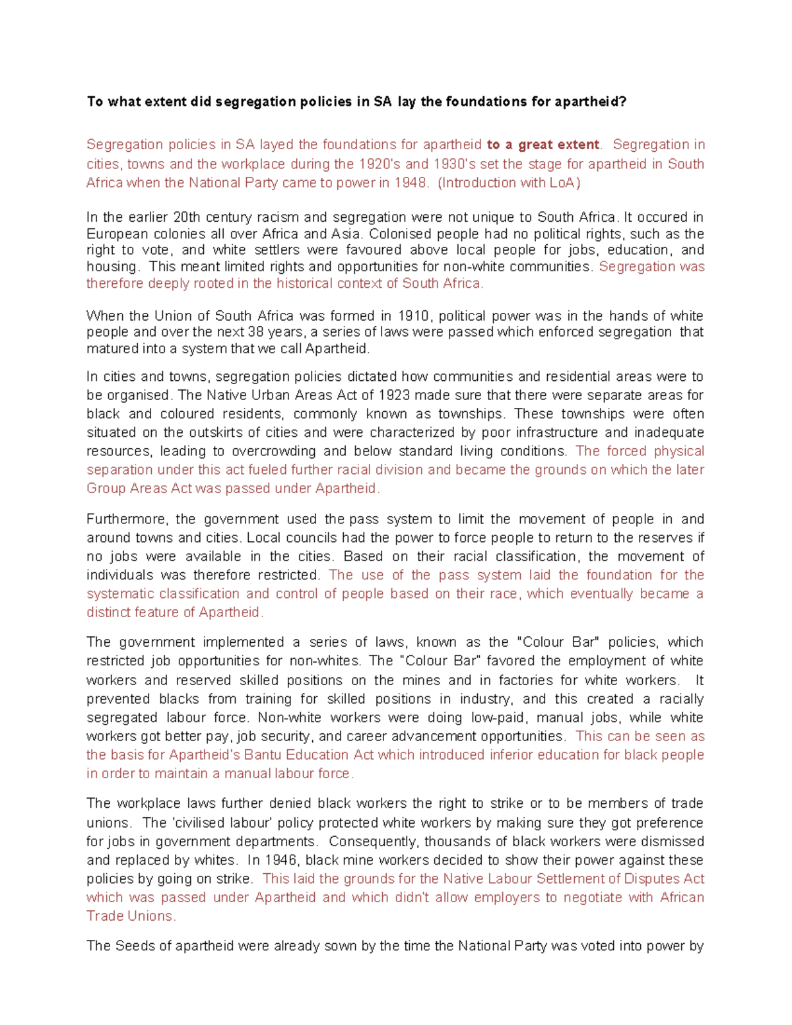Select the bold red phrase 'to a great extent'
click(x=543, y=145)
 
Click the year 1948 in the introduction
click(x=410, y=183)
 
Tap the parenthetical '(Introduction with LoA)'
click(x=508, y=183)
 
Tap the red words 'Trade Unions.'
click(x=131, y=916)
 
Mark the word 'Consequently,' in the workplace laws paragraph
click(x=373, y=842)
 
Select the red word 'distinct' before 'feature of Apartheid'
click(x=108, y=612)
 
